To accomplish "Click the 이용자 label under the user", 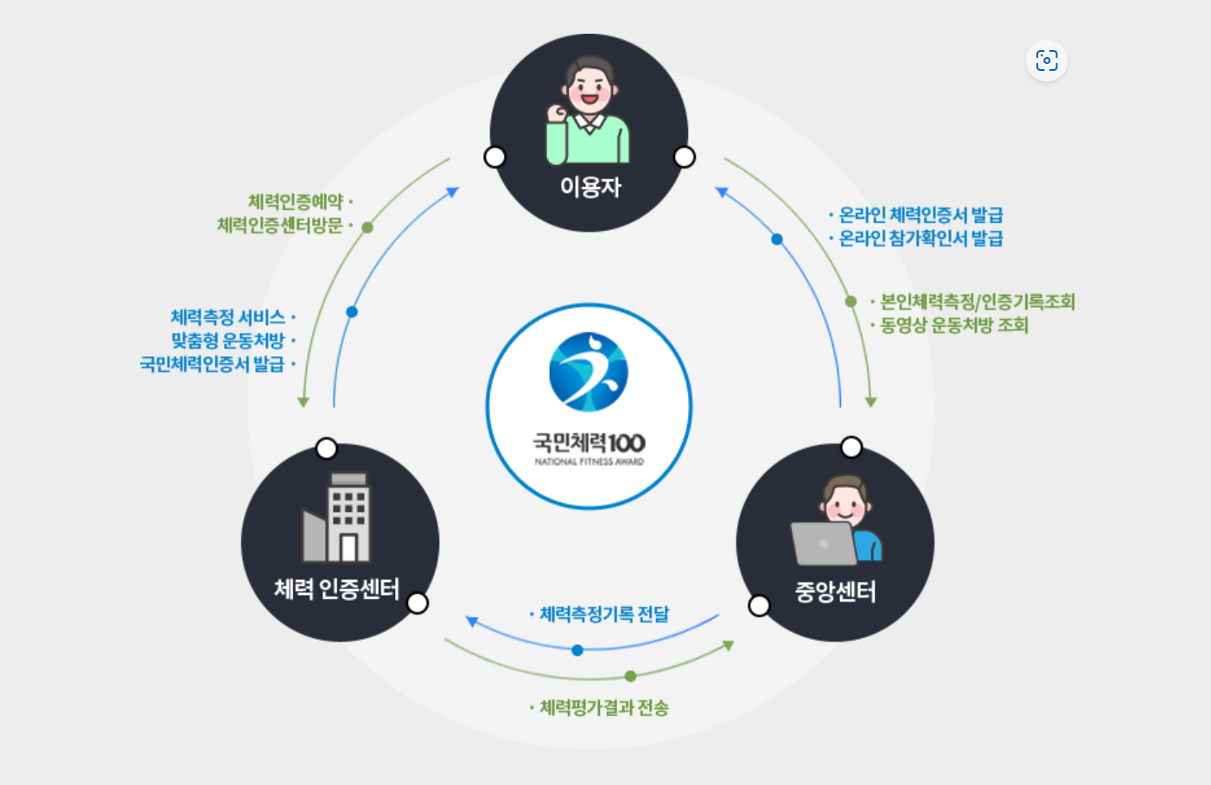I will pos(590,186).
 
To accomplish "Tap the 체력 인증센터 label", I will pos(336,590).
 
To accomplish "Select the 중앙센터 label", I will pos(835,592).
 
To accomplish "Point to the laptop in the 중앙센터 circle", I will pos(822,544).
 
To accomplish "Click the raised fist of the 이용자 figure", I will pos(557,112).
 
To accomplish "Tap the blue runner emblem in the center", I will pos(589,372).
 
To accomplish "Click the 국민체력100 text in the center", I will pos(589,443).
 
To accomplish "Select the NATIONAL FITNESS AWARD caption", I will pos(589,462).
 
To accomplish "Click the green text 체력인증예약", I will pos(296,202).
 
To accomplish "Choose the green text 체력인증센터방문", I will pos(280,226).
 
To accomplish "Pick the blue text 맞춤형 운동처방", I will pos(228,341).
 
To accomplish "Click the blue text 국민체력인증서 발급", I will pos(213,364).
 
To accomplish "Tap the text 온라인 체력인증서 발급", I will pos(921,214).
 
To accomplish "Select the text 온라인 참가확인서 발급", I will pos(921,238).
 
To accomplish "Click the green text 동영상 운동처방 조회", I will pos(953,325).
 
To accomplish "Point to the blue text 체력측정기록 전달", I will pos(604,614).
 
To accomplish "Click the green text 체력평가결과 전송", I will pos(604,708).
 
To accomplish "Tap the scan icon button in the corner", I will pos(1047,61).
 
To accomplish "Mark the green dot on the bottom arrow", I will pos(630,676).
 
